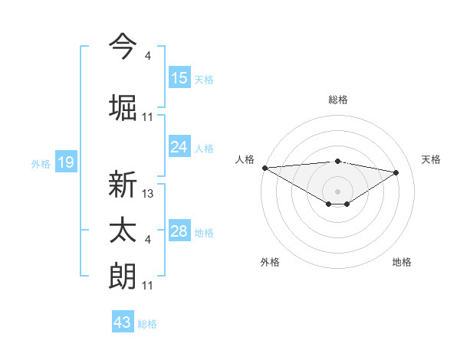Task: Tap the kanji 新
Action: coord(123,185)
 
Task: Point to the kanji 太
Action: coord(123,231)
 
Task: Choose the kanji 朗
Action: coord(123,276)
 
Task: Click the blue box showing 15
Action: coord(179,78)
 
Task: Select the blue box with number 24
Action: coord(179,147)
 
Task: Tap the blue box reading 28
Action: coord(179,231)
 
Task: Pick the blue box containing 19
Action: coord(65,162)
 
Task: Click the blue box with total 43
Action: coord(122,322)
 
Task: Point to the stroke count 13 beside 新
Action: coord(148,194)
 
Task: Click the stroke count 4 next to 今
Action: coord(147,56)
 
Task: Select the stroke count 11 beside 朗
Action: coord(148,286)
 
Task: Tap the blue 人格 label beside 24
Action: coord(204,148)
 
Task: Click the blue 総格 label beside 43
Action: coord(147,323)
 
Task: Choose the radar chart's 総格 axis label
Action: coord(337,100)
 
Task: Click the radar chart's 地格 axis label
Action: coord(402,262)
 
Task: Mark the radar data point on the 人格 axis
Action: coord(264,168)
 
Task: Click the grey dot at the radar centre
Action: coord(337,190)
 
